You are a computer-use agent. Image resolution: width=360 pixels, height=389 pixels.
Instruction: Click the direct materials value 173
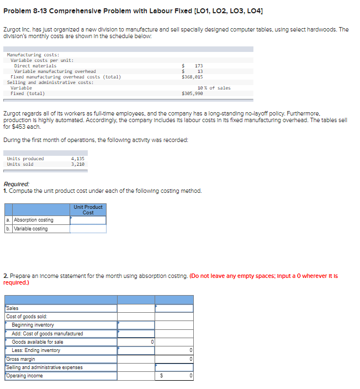pos(199,66)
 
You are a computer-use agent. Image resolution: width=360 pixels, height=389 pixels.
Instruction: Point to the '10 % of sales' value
pos(214,88)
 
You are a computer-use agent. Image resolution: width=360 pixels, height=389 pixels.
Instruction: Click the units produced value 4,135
pos(78,159)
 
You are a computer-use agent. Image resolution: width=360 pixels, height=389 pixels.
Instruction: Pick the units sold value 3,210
pos(78,164)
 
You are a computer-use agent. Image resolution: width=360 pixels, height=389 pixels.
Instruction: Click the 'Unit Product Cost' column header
pos(88,209)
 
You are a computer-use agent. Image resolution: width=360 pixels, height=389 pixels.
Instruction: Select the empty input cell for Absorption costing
pos(88,220)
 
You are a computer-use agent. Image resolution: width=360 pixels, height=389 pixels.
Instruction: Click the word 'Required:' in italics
pos(17,184)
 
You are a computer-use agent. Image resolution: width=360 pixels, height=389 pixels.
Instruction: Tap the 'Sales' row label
pos(13,308)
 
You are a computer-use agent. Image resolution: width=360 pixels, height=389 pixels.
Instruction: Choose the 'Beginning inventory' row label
pos(33,325)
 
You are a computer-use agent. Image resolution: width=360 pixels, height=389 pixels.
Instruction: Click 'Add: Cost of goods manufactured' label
pos(47,333)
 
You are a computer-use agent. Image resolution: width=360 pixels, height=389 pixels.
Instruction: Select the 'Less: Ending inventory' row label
pos(36,350)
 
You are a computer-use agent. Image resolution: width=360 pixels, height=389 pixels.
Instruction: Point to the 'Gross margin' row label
pos(20,359)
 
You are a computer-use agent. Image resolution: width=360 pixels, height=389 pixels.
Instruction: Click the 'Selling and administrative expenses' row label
pos(45,367)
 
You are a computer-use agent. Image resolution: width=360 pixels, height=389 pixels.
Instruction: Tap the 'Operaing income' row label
pos(24,376)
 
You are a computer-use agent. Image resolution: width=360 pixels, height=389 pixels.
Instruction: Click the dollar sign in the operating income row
pos(161,376)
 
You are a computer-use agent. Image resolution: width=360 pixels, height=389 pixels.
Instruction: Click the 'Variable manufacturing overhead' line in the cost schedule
pos(55,71)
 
